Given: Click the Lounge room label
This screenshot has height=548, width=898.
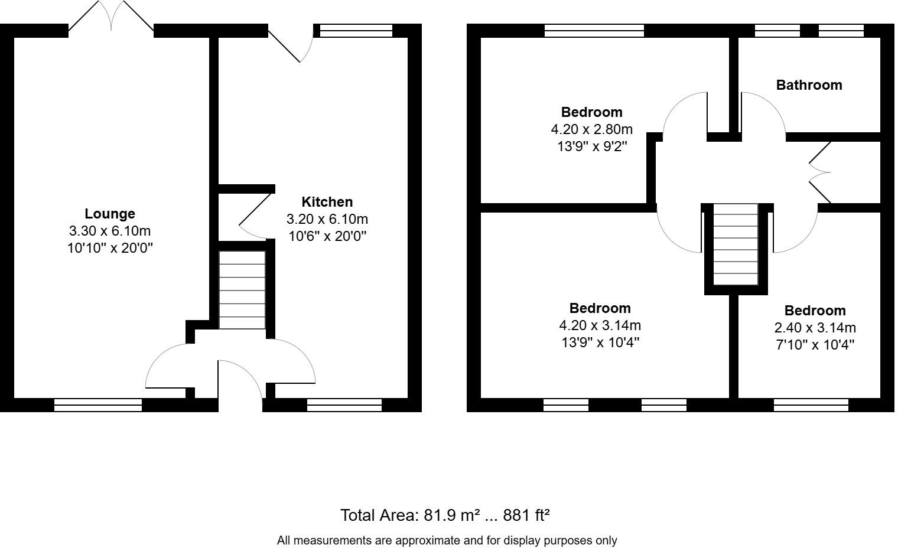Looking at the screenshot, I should pyautogui.click(x=109, y=214).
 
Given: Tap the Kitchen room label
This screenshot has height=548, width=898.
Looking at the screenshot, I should pyautogui.click(x=327, y=202).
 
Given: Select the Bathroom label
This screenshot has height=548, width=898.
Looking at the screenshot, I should pyautogui.click(x=809, y=85).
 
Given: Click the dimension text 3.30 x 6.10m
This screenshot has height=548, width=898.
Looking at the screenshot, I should pyautogui.click(x=109, y=231).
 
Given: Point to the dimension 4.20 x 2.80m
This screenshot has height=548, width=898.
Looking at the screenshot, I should pyautogui.click(x=591, y=129).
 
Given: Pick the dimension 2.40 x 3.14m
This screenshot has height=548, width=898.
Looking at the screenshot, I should pyautogui.click(x=815, y=328).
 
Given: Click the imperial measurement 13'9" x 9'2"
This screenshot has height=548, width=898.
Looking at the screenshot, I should pyautogui.click(x=591, y=146).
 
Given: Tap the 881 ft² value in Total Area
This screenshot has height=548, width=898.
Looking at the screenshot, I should pyautogui.click(x=526, y=516).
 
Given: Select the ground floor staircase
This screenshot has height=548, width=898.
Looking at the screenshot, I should pyautogui.click(x=242, y=290).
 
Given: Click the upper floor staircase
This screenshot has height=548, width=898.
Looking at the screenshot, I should pyautogui.click(x=736, y=244).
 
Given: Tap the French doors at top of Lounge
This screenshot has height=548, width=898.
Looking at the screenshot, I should pyautogui.click(x=111, y=17).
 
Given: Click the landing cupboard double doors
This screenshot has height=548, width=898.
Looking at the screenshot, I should pyautogui.click(x=819, y=172).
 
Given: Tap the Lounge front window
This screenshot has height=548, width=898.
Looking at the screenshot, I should pyautogui.click(x=98, y=405).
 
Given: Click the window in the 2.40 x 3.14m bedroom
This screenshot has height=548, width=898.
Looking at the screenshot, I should pyautogui.click(x=811, y=405).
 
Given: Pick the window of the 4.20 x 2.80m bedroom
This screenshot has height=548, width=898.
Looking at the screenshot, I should pyautogui.click(x=594, y=30).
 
